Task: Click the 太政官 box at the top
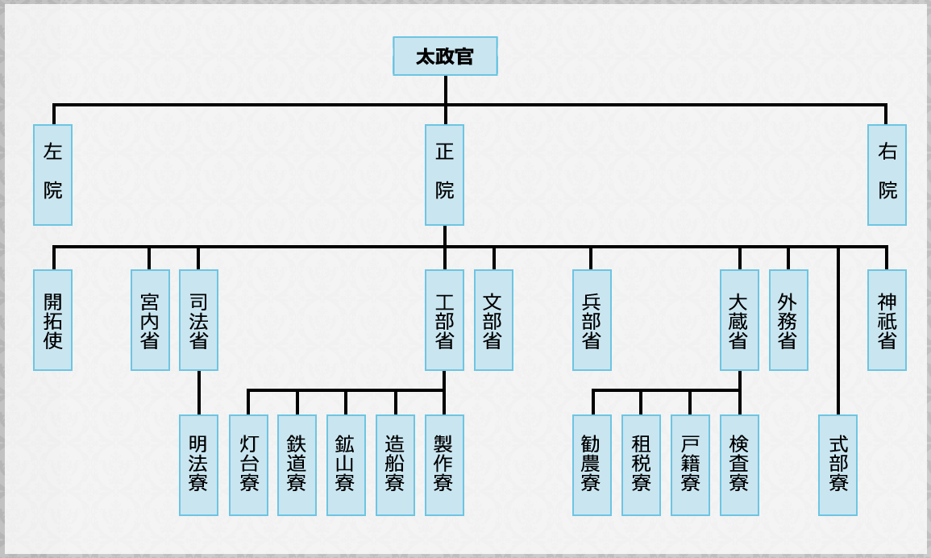point(445,56)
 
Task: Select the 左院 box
point(53,175)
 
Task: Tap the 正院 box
point(445,175)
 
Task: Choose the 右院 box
point(887,175)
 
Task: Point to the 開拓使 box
point(53,320)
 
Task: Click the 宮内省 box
point(150,320)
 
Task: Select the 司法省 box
point(198,320)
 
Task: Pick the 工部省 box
point(445,320)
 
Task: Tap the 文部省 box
point(493,320)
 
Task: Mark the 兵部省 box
point(592,320)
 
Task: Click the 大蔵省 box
point(739,320)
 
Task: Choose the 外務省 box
point(788,320)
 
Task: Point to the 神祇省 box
point(887,320)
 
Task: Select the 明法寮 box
point(198,465)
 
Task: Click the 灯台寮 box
point(248,465)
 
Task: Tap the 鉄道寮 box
point(297,465)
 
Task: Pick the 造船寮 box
point(395,465)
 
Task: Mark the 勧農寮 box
point(592,465)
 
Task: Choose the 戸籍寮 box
point(690,465)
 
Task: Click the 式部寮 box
point(837,465)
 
